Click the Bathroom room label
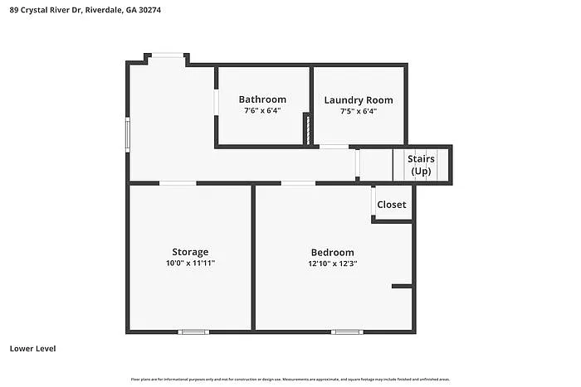(x=262, y=99)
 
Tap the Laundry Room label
(x=358, y=99)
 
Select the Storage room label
(x=190, y=252)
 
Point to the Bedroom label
(x=332, y=253)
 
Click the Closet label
(x=392, y=205)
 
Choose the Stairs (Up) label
(x=421, y=165)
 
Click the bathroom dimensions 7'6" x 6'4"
(x=262, y=110)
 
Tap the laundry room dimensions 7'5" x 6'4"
(x=358, y=110)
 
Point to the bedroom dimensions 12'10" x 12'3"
(x=332, y=264)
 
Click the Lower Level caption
(x=32, y=349)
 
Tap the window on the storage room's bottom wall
(x=193, y=332)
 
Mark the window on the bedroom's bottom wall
(x=347, y=332)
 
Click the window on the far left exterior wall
(x=128, y=135)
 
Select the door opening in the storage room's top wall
(x=178, y=182)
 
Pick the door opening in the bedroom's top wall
(x=298, y=182)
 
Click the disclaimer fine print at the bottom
(x=290, y=380)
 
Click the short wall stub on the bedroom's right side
(x=402, y=287)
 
